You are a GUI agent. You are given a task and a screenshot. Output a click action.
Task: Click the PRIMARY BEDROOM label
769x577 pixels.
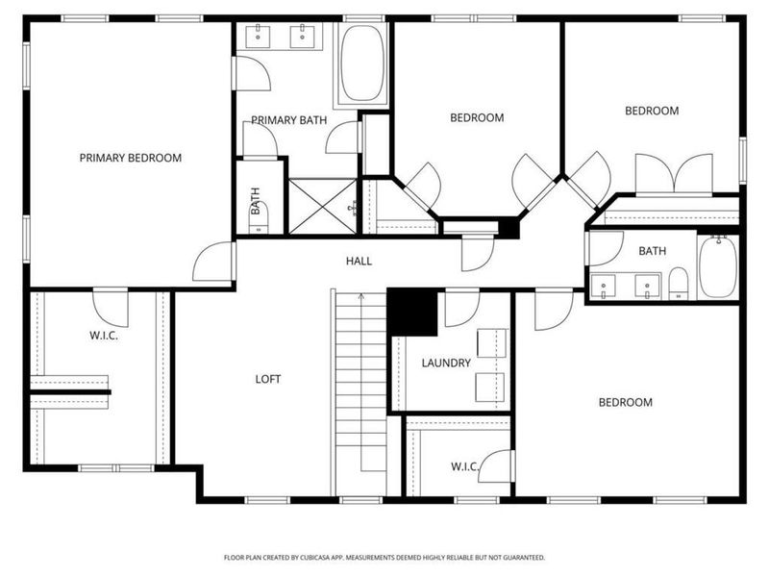(130, 158)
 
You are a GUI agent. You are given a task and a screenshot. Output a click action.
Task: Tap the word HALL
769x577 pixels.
(359, 261)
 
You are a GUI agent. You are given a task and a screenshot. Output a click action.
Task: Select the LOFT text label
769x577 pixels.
(268, 379)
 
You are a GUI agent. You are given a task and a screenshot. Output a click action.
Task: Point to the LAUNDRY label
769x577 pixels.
(446, 363)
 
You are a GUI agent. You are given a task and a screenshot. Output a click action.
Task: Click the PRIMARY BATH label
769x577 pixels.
(289, 120)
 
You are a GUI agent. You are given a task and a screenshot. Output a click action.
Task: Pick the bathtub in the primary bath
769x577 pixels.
(361, 63)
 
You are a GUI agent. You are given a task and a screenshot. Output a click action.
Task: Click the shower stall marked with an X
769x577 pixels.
(322, 206)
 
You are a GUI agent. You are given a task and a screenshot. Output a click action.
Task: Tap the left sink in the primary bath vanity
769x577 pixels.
(260, 38)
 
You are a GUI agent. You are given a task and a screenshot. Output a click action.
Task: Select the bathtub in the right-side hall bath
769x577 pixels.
(717, 266)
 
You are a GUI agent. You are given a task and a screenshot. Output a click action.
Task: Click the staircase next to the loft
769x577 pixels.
(360, 385)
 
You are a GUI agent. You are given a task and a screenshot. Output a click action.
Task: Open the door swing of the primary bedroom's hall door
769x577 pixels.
(215, 262)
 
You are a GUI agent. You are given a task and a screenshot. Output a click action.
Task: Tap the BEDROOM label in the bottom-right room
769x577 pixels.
(625, 402)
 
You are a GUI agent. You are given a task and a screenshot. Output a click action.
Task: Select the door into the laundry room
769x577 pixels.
(461, 308)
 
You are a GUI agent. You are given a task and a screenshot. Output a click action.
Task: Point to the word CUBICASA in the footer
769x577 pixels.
(344, 557)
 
